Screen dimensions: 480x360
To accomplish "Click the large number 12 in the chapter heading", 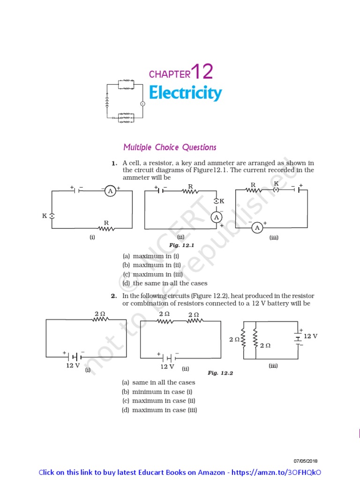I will [202, 72].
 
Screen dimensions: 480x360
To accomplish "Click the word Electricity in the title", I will [185, 93].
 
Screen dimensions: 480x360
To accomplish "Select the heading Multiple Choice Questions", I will [170, 147].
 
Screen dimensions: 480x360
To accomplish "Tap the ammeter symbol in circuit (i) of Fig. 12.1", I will [110, 191].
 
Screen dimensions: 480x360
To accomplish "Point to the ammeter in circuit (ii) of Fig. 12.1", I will [216, 217].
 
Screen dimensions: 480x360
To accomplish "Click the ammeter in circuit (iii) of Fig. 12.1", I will [257, 228].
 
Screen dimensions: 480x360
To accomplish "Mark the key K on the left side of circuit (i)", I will [52, 216].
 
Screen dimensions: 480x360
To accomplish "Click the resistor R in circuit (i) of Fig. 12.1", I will [106, 228].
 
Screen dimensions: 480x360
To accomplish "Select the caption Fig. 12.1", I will [181, 245].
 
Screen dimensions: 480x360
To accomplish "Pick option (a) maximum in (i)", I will [151, 256].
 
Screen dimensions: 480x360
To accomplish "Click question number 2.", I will [113, 296].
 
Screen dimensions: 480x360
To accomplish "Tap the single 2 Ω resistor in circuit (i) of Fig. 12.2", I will [100, 319].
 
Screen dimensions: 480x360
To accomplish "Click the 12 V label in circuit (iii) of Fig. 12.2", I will [310, 336].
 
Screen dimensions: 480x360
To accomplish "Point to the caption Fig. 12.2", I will [220, 373].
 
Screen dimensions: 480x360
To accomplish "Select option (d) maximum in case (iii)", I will [160, 410].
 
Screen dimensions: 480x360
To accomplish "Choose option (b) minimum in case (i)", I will [157, 391].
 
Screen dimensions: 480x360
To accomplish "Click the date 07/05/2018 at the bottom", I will [306, 461].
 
